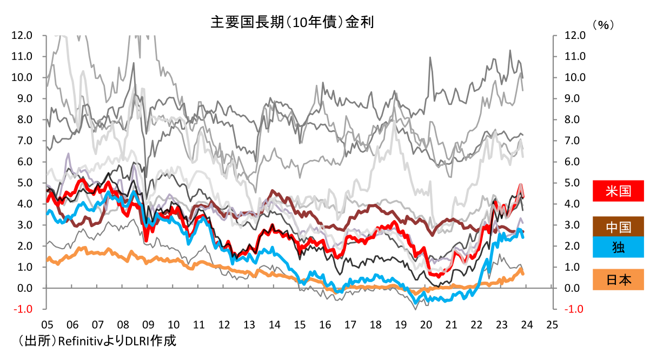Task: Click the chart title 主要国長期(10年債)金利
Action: pyautogui.click(x=293, y=22)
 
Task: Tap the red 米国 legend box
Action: pyautogui.click(x=618, y=191)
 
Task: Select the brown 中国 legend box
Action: pyautogui.click(x=618, y=226)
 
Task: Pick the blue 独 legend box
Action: pyautogui.click(x=618, y=246)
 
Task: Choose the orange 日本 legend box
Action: pyautogui.click(x=618, y=279)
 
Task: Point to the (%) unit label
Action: pyautogui.click(x=604, y=24)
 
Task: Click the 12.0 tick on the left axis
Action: pyautogui.click(x=22, y=35)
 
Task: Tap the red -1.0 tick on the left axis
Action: pyautogui.click(x=22, y=309)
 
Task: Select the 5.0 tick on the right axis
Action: pyautogui.click(x=575, y=183)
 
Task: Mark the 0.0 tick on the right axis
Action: pyautogui.click(x=575, y=288)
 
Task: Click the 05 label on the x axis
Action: pyautogui.click(x=47, y=325)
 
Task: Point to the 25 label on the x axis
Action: pyautogui.click(x=552, y=325)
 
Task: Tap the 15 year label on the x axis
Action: pyautogui.click(x=300, y=325)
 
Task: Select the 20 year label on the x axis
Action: pyautogui.click(x=426, y=325)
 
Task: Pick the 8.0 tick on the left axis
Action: pyautogui.click(x=22, y=119)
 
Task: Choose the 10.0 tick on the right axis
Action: pyautogui.click(x=575, y=77)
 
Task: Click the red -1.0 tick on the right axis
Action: pyautogui.click(x=575, y=309)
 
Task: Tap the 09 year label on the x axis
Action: pyautogui.click(x=148, y=325)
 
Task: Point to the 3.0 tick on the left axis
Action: pyautogui.click(x=22, y=225)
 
